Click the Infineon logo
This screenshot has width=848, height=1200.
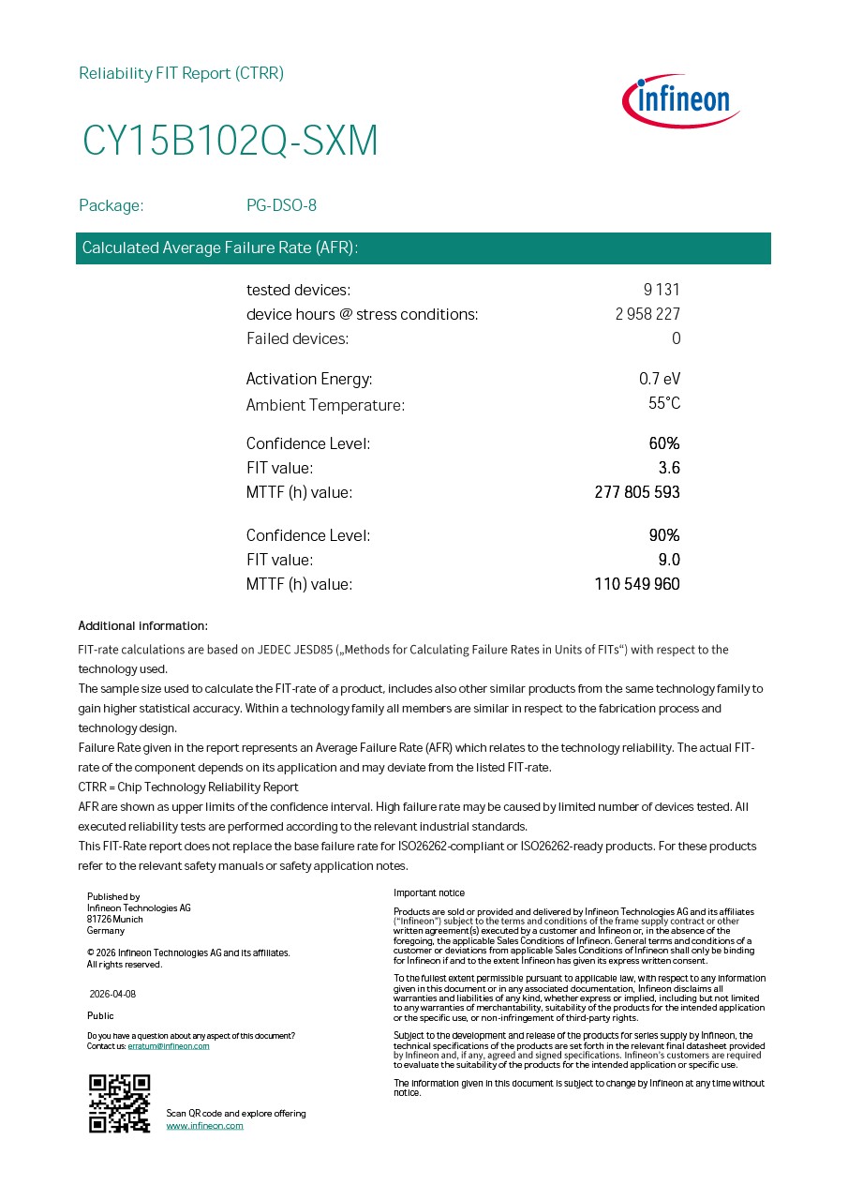(681, 101)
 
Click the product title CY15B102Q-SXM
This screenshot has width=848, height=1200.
(231, 141)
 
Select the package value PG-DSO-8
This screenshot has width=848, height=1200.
(281, 205)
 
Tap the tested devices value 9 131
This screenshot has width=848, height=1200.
(662, 290)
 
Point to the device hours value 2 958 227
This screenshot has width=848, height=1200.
(647, 314)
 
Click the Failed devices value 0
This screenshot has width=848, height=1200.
(676, 338)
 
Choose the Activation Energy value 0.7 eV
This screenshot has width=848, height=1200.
(660, 379)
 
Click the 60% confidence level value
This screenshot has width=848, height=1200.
(664, 443)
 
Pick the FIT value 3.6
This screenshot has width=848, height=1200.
(669, 468)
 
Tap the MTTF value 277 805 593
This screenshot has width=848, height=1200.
(637, 492)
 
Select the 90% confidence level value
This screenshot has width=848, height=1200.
(664, 535)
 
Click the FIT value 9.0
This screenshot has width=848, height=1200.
(669, 560)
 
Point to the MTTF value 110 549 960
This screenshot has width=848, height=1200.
(637, 584)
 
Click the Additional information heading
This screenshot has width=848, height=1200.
(142, 625)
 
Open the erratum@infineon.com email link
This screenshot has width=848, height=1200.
(169, 1046)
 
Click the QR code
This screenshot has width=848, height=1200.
(119, 1103)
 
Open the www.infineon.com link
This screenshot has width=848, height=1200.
(204, 1126)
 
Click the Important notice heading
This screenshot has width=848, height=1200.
(429, 892)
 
